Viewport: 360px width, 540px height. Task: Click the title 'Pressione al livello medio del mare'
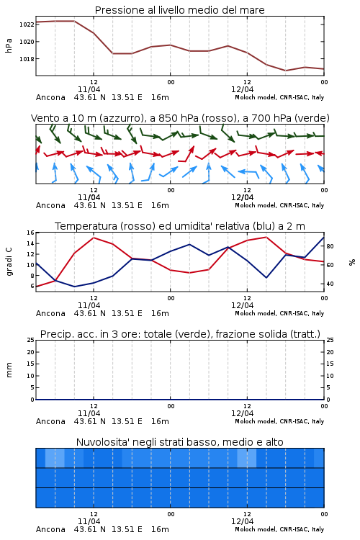pyautogui.click(x=179, y=10)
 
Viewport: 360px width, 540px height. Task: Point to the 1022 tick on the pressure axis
pyautogui.click(x=27, y=24)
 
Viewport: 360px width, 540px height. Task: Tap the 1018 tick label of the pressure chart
pyautogui.click(x=27, y=59)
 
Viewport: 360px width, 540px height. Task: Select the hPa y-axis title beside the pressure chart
pyautogui.click(x=9, y=45)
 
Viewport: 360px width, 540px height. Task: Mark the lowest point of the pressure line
pyautogui.click(x=285, y=71)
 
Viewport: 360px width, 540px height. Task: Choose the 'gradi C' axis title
pyautogui.click(x=9, y=261)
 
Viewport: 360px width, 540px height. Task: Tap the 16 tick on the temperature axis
pyautogui.click(x=30, y=233)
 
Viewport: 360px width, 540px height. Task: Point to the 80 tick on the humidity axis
pyautogui.click(x=330, y=246)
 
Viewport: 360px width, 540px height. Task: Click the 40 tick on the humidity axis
pyautogui.click(x=330, y=284)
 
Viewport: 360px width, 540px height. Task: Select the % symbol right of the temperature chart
pyautogui.click(x=352, y=262)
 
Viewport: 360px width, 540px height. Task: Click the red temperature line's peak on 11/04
pyautogui.click(x=94, y=238)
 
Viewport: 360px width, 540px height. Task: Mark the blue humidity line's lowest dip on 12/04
pyautogui.click(x=266, y=278)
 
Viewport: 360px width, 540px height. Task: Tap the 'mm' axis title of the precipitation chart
pyautogui.click(x=9, y=370)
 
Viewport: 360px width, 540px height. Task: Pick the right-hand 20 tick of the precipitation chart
pyautogui.click(x=330, y=352)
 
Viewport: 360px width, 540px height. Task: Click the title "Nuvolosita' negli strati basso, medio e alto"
pyautogui.click(x=179, y=442)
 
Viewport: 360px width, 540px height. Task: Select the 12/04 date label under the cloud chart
pyautogui.click(x=242, y=521)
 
